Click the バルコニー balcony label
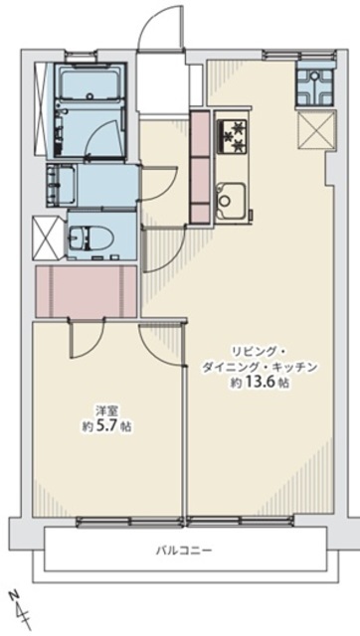(x=184, y=551)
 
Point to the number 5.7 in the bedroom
(x=106, y=426)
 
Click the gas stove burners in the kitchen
(x=233, y=135)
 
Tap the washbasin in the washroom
(x=61, y=186)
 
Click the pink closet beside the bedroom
(x=87, y=291)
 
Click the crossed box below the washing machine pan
(x=316, y=130)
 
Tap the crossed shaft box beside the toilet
(x=47, y=238)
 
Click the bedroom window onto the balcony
(x=130, y=522)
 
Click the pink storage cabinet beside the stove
(x=200, y=166)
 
